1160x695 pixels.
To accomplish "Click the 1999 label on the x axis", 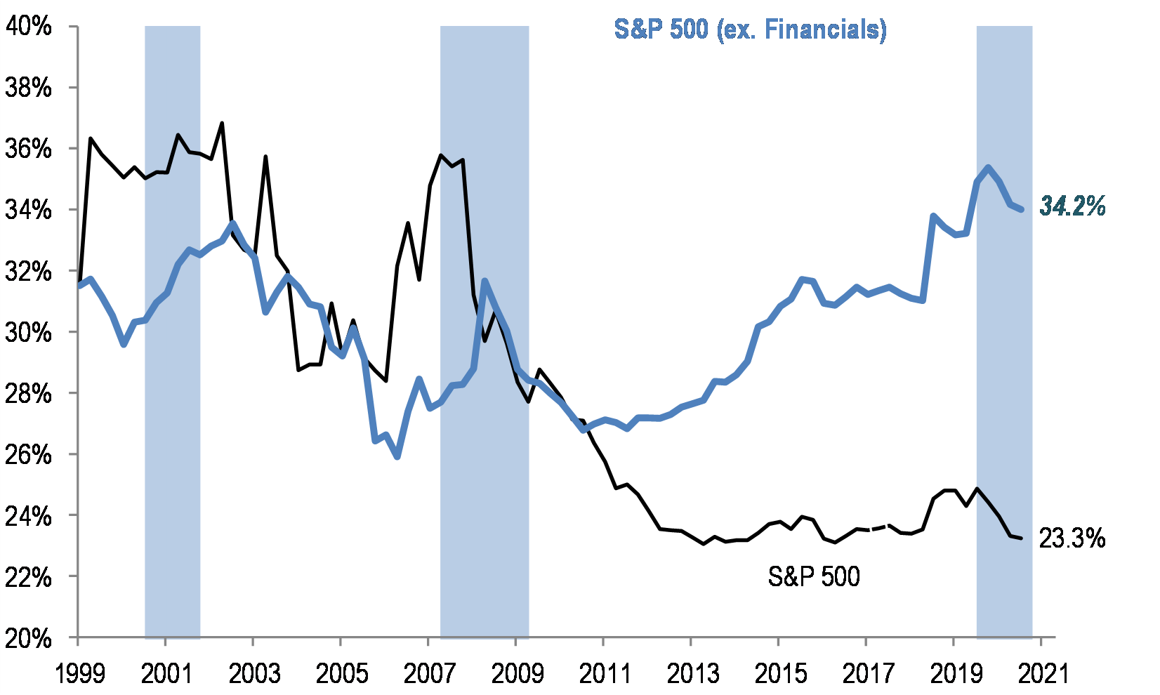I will [79, 674].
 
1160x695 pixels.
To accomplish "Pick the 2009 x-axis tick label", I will [516, 674].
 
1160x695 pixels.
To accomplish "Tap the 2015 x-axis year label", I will [779, 674].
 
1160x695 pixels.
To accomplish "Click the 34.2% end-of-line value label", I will [1072, 206].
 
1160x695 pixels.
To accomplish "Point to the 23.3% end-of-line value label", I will [1072, 538].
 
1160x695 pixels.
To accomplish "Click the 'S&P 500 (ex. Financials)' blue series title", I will [750, 29].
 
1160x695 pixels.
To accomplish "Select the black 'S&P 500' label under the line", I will [814, 576].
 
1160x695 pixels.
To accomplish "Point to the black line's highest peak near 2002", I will [222, 124].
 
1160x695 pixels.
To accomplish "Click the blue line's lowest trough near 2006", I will [397, 457].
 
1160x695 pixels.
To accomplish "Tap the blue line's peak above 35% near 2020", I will [988, 167].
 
